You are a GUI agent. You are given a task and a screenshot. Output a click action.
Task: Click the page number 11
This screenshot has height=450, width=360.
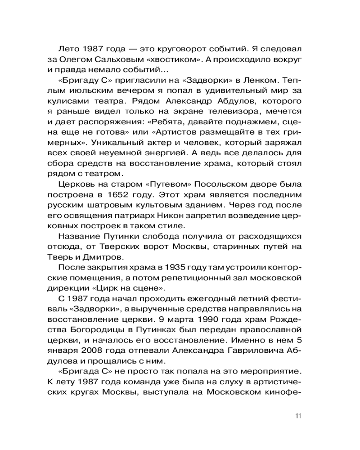(298, 415)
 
